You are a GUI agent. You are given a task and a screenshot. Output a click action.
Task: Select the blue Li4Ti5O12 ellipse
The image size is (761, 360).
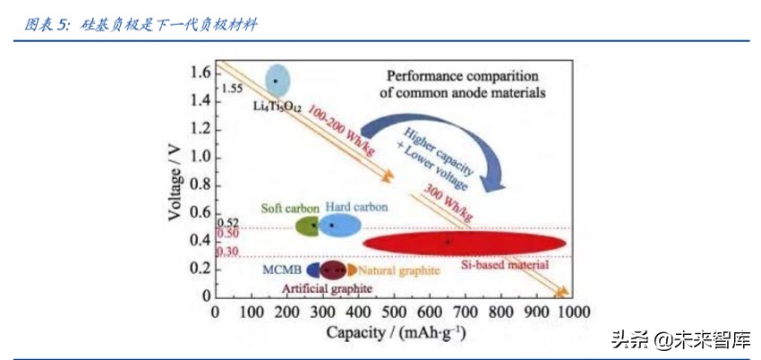coord(278,81)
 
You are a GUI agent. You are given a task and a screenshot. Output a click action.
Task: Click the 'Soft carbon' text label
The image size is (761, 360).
coord(289,208)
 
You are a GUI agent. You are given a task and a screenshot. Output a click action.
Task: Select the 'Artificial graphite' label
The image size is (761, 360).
coord(328,288)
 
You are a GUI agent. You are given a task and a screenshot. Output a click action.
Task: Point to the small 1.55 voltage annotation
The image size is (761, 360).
coord(231,89)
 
